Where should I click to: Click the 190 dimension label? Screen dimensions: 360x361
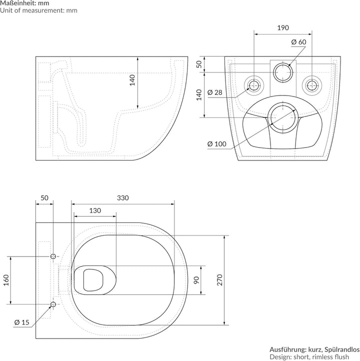point(283,28)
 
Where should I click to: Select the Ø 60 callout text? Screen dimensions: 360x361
point(298,42)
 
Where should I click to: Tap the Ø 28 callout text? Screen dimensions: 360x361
point(215,92)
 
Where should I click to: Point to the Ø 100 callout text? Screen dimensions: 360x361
point(217,144)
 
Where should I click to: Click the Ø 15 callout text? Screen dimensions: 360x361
point(22,322)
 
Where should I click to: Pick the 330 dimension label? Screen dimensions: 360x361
point(123,198)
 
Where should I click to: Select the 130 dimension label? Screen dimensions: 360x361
point(95,210)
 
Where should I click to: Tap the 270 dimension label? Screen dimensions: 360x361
point(220,280)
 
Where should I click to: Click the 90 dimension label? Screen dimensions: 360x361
point(196,280)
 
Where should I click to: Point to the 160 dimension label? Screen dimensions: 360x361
point(6,280)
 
